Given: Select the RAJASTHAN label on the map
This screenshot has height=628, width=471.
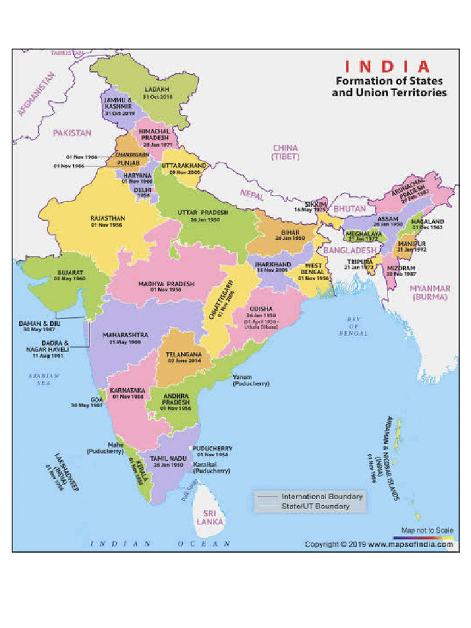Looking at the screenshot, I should [107, 218].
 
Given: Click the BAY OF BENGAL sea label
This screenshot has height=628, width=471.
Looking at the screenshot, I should [353, 326].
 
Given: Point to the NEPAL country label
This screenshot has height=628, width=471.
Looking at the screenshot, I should [252, 195].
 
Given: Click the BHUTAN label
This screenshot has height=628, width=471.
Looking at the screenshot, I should [350, 209].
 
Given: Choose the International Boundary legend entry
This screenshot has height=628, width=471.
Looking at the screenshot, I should [322, 496].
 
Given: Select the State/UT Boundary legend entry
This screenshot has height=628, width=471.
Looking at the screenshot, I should [315, 506].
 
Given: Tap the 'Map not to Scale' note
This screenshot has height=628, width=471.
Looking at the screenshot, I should [427, 530].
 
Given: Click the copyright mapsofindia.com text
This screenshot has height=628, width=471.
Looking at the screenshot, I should [379, 544].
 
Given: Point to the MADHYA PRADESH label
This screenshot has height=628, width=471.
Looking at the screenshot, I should [166, 284].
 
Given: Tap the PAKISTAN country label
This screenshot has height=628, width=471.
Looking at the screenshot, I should [72, 132].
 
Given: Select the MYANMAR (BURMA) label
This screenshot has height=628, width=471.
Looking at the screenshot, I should [431, 292].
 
